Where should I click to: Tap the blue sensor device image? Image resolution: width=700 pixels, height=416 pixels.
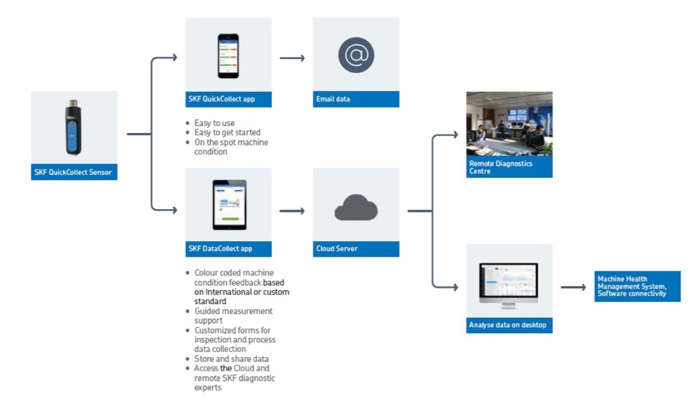pos(74,127)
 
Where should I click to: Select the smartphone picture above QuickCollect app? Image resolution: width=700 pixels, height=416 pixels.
pos(228,56)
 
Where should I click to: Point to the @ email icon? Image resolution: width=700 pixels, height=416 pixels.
pos(356,55)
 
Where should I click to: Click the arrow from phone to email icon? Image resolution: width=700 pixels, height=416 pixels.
pos(292,58)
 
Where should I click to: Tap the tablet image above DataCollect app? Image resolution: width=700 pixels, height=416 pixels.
pos(229,204)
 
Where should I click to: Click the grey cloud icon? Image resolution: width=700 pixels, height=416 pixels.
pos(356,208)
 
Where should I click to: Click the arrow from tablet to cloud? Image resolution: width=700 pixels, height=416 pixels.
pos(292,211)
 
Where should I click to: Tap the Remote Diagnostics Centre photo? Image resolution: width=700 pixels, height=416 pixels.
pos(509,124)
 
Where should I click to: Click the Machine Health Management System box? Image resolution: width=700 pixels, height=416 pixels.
pos(637,286)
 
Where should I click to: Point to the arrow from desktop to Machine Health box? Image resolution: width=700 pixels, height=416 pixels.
pos(573,287)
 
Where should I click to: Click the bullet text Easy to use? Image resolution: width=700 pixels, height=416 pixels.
pos(214,123)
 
